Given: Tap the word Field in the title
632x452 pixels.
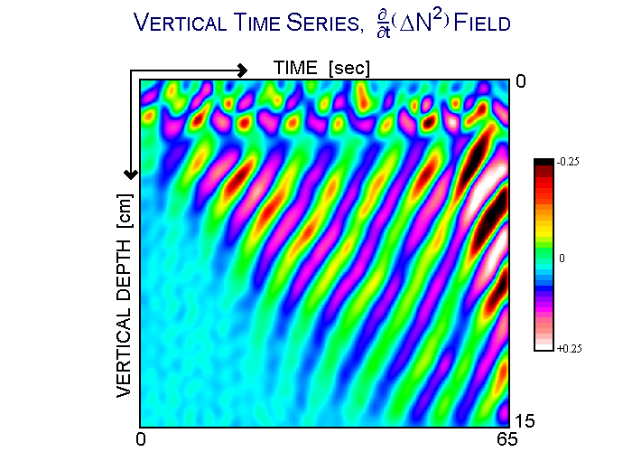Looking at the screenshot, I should pos(479,23).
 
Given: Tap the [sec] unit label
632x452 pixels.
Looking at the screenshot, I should pos(349,68).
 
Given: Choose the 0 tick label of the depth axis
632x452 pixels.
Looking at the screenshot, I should pos(520,81).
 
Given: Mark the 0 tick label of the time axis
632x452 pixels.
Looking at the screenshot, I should pos(141,439).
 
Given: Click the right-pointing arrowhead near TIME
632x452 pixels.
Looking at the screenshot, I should pos(241,70).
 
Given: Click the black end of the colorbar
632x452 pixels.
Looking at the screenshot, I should pos(544,163).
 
